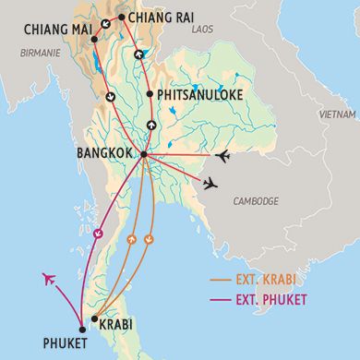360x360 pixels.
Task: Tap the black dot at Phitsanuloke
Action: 149,94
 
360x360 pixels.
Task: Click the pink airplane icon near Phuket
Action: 49,278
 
